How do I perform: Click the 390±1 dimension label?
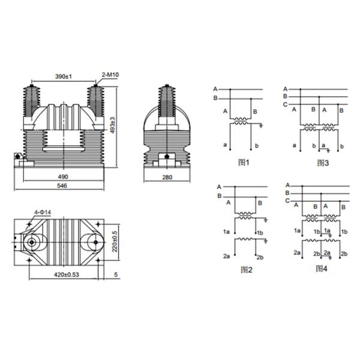tap(64, 76)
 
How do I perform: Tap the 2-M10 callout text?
tap(110, 74)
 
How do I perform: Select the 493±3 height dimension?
tap(113, 125)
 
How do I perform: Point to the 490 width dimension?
tap(63, 176)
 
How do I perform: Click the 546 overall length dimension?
tap(62, 185)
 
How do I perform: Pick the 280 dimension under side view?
tap(167, 177)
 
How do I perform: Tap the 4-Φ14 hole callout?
tap(43, 212)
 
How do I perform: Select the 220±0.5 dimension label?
tap(115, 241)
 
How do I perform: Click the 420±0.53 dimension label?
tap(67, 274)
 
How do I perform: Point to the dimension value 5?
tap(116, 275)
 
